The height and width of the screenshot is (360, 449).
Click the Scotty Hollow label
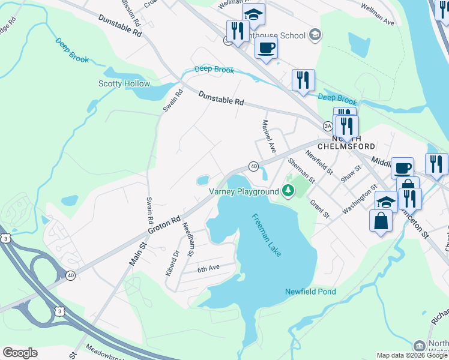(x=124, y=83)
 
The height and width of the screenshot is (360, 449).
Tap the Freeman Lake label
(x=265, y=236)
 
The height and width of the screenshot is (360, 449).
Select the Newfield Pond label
(x=310, y=292)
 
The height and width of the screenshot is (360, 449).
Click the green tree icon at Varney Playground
(x=289, y=191)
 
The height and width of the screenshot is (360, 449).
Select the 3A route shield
(x=327, y=126)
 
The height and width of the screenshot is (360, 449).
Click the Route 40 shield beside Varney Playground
(x=253, y=166)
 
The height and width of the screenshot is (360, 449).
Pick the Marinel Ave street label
(x=268, y=135)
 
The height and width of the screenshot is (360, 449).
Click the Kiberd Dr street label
(x=173, y=263)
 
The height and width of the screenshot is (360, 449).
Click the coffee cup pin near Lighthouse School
(x=266, y=48)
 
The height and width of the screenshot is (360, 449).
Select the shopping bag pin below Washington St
(x=381, y=220)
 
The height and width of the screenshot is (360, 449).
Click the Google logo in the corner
(x=20, y=353)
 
